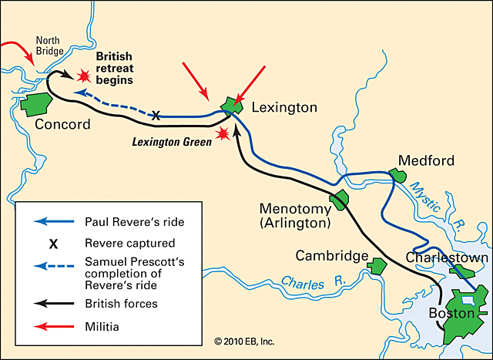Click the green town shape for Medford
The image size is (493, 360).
point(397,176)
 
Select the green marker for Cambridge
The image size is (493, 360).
point(376,266)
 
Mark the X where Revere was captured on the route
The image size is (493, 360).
point(156,115)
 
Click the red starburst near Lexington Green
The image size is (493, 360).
point(223,134)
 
